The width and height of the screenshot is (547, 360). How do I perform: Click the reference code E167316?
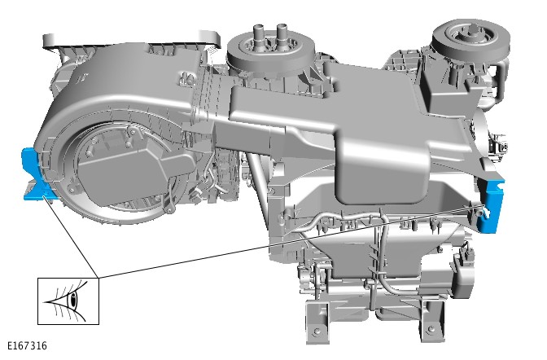pyautogui.click(x=27, y=345)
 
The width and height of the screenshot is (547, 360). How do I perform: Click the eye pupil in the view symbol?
pyautogui.click(x=73, y=300)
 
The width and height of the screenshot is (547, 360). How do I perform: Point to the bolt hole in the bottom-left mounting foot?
pyautogui.click(x=317, y=331)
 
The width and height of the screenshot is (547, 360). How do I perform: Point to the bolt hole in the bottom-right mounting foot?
pyautogui.click(x=431, y=328)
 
